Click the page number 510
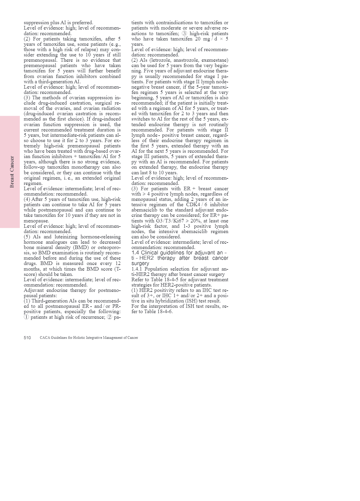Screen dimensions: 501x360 (27, 338)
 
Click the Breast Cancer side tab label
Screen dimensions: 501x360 (12, 172)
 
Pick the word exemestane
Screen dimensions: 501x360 (215, 60)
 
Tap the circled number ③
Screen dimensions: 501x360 (184, 33)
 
